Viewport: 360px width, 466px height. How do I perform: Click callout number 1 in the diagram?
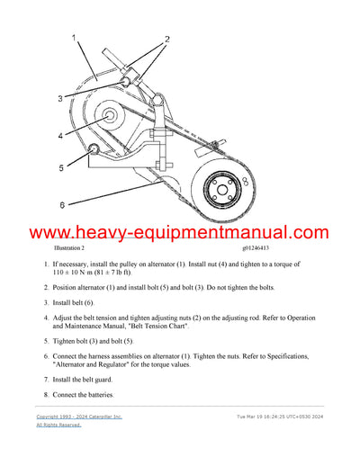74,40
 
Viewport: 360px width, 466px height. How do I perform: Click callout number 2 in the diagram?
166,40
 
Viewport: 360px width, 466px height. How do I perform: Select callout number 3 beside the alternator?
60,97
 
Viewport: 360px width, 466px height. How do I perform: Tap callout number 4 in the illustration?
60,137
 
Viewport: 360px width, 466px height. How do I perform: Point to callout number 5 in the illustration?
60,167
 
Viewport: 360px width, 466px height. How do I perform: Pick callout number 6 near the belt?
60,205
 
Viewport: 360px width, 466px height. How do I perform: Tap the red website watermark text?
180,233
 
